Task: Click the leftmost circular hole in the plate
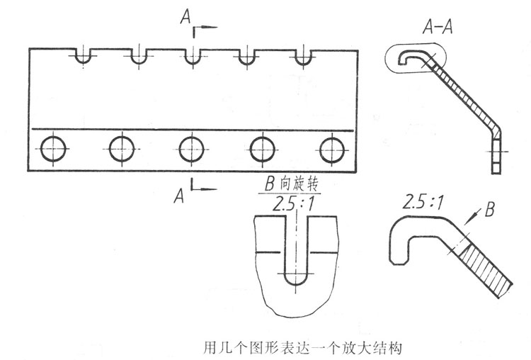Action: (53, 150)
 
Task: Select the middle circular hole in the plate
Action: (192, 150)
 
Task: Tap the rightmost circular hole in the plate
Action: (331, 150)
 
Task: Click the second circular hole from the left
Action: (122, 150)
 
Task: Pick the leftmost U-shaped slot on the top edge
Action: (84, 56)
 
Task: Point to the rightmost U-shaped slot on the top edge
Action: (303, 56)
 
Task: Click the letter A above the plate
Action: (185, 16)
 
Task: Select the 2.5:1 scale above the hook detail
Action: (423, 202)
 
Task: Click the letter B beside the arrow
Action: (491, 210)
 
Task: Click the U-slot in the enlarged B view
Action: (295, 273)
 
